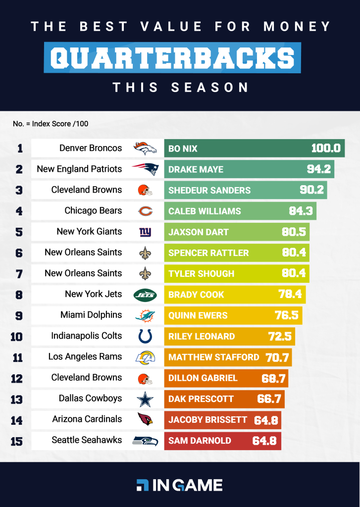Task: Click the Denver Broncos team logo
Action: pyautogui.click(x=145, y=148)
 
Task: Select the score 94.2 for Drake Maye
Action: pyautogui.click(x=318, y=169)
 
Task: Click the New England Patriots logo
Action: pyautogui.click(x=145, y=169)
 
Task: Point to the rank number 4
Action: pyautogui.click(x=19, y=211)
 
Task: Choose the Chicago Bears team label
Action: pyautogui.click(x=93, y=210)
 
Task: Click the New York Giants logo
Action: pyautogui.click(x=145, y=232)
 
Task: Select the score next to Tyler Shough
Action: pyautogui.click(x=294, y=274)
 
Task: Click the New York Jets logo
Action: pyautogui.click(x=145, y=295)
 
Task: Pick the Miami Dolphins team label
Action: pyautogui.click(x=91, y=315)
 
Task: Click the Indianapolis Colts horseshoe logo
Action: pyautogui.click(x=145, y=336)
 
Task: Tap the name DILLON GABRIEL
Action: pyautogui.click(x=203, y=378)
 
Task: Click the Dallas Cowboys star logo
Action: pyautogui.click(x=145, y=399)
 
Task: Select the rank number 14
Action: pyautogui.click(x=16, y=420)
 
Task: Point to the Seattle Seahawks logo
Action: pyautogui.click(x=145, y=441)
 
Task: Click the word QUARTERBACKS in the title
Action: pyautogui.click(x=172, y=58)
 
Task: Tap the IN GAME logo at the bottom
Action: pyautogui.click(x=179, y=485)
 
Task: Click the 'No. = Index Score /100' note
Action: pyautogui.click(x=51, y=124)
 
